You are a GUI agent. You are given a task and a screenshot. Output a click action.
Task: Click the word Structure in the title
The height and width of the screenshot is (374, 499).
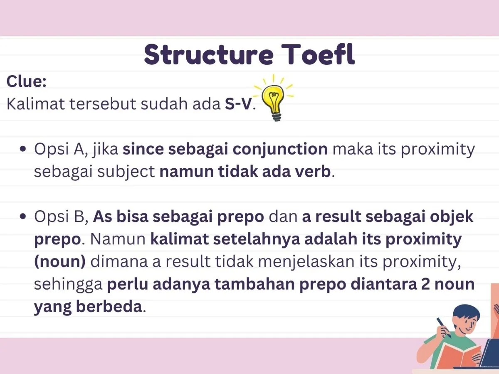[209, 54]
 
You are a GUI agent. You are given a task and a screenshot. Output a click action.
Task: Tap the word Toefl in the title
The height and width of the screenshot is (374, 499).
[318, 54]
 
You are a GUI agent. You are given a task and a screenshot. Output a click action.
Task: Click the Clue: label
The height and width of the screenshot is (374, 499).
[26, 81]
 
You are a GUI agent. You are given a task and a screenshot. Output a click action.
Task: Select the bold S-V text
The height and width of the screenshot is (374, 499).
[238, 104]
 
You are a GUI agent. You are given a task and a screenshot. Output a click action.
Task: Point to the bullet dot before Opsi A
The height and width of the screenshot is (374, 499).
[23, 149]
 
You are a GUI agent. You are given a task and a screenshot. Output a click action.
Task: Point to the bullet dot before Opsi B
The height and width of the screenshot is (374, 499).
[23, 217]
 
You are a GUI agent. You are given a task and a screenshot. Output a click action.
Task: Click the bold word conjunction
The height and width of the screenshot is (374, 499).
[280, 150]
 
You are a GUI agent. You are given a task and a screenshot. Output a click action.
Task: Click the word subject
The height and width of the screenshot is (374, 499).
[126, 172]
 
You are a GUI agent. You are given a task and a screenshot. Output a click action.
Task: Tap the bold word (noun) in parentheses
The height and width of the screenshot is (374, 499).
[60, 262]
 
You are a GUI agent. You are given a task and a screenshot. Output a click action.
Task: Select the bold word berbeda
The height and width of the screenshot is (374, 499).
[109, 307]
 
